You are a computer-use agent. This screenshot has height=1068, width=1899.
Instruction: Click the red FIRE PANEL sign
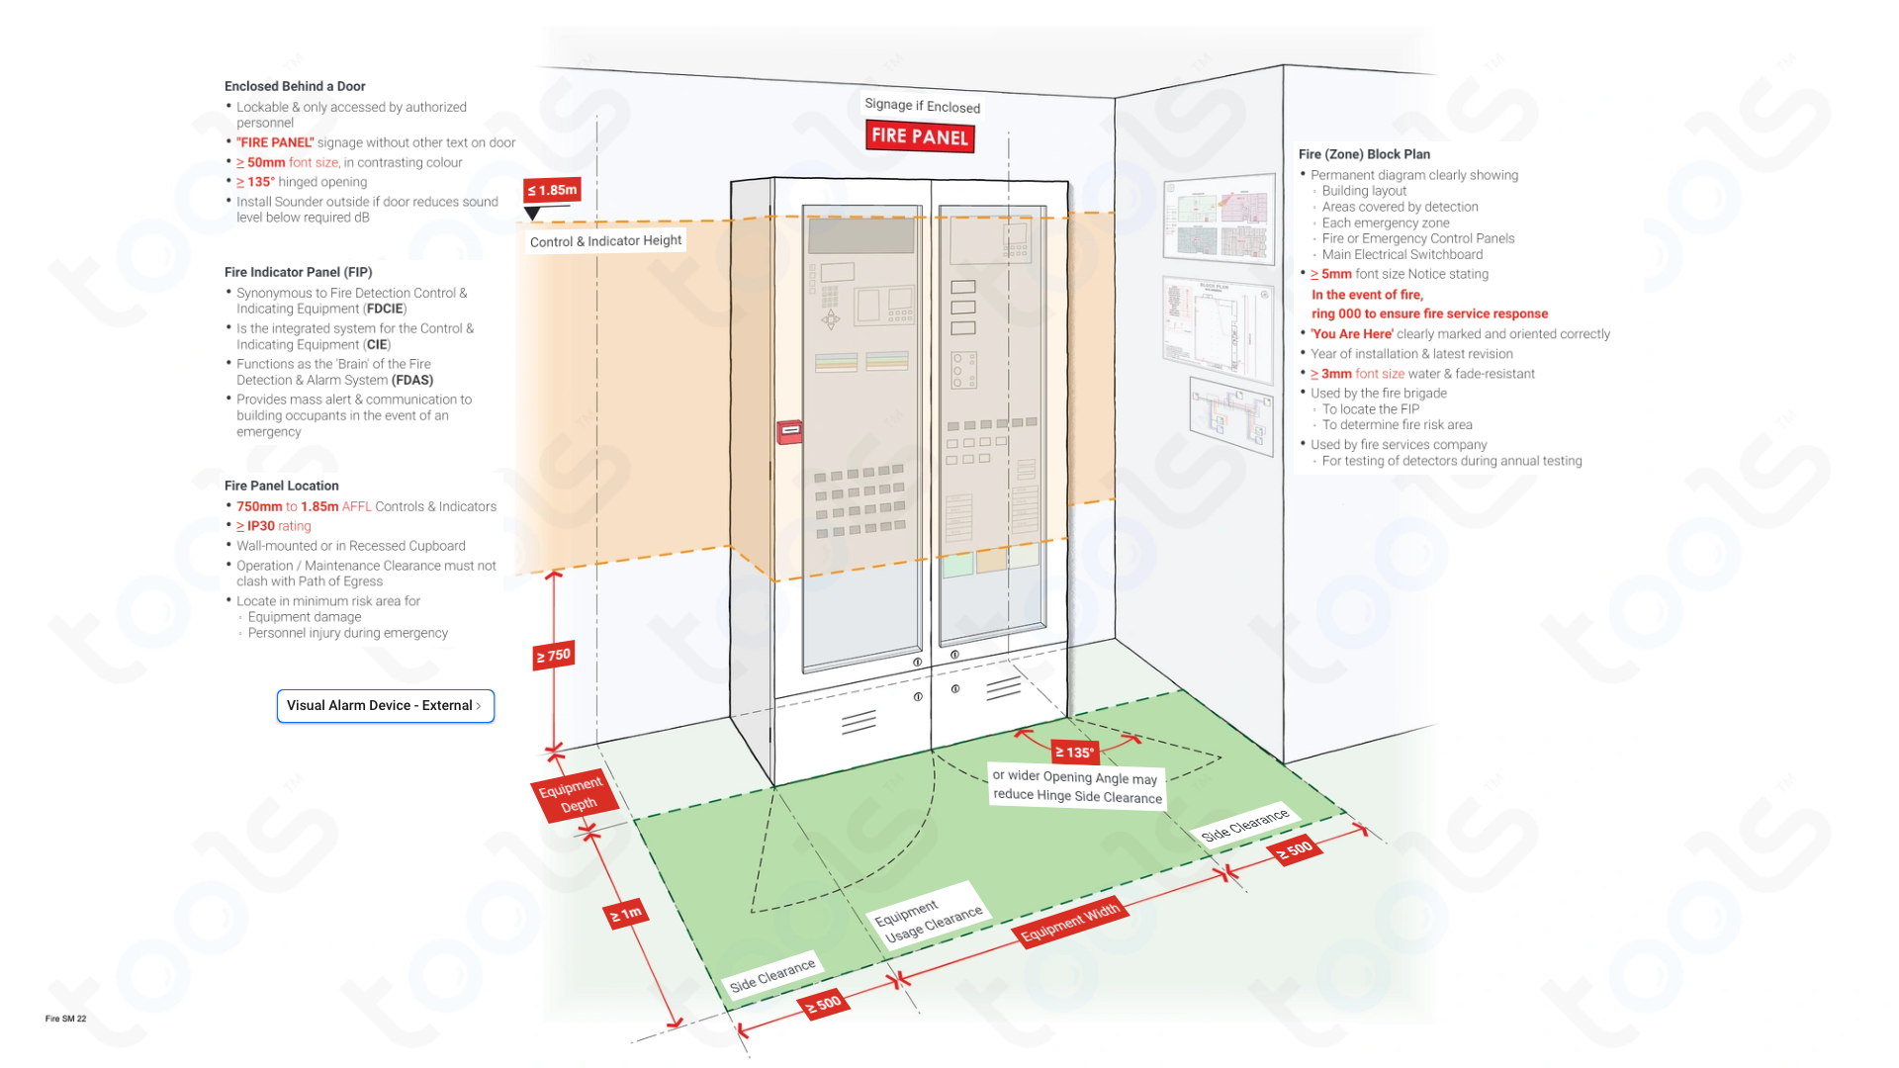point(920,136)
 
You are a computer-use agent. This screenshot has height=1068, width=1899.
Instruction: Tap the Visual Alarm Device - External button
point(385,705)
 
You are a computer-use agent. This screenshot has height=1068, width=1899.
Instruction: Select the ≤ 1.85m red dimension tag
point(552,190)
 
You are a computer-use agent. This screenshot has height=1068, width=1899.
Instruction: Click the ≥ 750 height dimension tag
point(554,655)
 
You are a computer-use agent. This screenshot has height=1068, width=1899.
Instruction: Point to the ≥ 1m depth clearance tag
point(626,913)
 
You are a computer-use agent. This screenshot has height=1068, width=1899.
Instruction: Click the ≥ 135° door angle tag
point(1074,752)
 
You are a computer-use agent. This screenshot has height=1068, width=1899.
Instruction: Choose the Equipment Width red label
point(1069,922)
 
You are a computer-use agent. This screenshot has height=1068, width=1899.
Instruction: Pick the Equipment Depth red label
point(574,794)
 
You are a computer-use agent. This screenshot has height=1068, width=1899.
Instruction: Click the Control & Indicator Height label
point(605,240)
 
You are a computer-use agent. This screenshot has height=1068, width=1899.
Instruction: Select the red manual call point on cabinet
point(789,431)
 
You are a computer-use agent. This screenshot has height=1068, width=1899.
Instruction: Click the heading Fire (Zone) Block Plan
point(1364,154)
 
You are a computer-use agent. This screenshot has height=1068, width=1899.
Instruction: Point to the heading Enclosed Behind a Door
point(295,86)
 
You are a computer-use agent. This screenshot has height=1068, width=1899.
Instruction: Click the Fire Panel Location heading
point(281,486)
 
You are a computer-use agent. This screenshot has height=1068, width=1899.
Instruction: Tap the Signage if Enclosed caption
point(922,105)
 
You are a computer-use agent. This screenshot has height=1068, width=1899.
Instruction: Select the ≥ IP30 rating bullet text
point(274,526)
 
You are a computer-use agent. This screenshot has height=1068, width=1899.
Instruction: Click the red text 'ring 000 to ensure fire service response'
point(1429,313)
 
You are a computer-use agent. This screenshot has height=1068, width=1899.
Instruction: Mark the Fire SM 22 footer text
point(65,1019)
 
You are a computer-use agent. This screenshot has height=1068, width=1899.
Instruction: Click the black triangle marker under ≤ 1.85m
point(532,213)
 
